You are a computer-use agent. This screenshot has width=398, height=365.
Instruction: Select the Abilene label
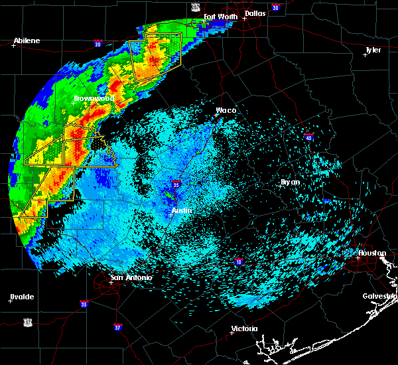pyautogui.click(x=27, y=40)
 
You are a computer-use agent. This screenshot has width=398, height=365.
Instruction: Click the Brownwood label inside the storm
pyautogui.click(x=93, y=98)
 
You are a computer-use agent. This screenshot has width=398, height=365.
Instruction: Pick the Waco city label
pyautogui.click(x=226, y=111)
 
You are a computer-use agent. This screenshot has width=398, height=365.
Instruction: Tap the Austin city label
pyautogui.click(x=182, y=211)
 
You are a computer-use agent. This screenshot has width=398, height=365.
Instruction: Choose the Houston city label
pyautogui.click(x=372, y=253)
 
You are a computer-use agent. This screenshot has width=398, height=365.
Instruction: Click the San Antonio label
pyautogui.click(x=131, y=277)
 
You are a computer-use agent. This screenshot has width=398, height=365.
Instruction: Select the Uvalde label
pyautogui.click(x=22, y=297)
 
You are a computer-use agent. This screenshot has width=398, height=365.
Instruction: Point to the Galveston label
pyautogui.click(x=379, y=296)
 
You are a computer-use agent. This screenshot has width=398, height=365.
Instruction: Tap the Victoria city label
pyautogui.click(x=244, y=328)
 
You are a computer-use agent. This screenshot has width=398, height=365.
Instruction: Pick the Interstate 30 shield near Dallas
pyautogui.click(x=275, y=8)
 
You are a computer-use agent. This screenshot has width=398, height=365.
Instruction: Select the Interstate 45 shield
pyautogui.click(x=309, y=138)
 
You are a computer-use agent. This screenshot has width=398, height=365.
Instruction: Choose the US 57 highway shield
pyautogui.click(x=27, y=321)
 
